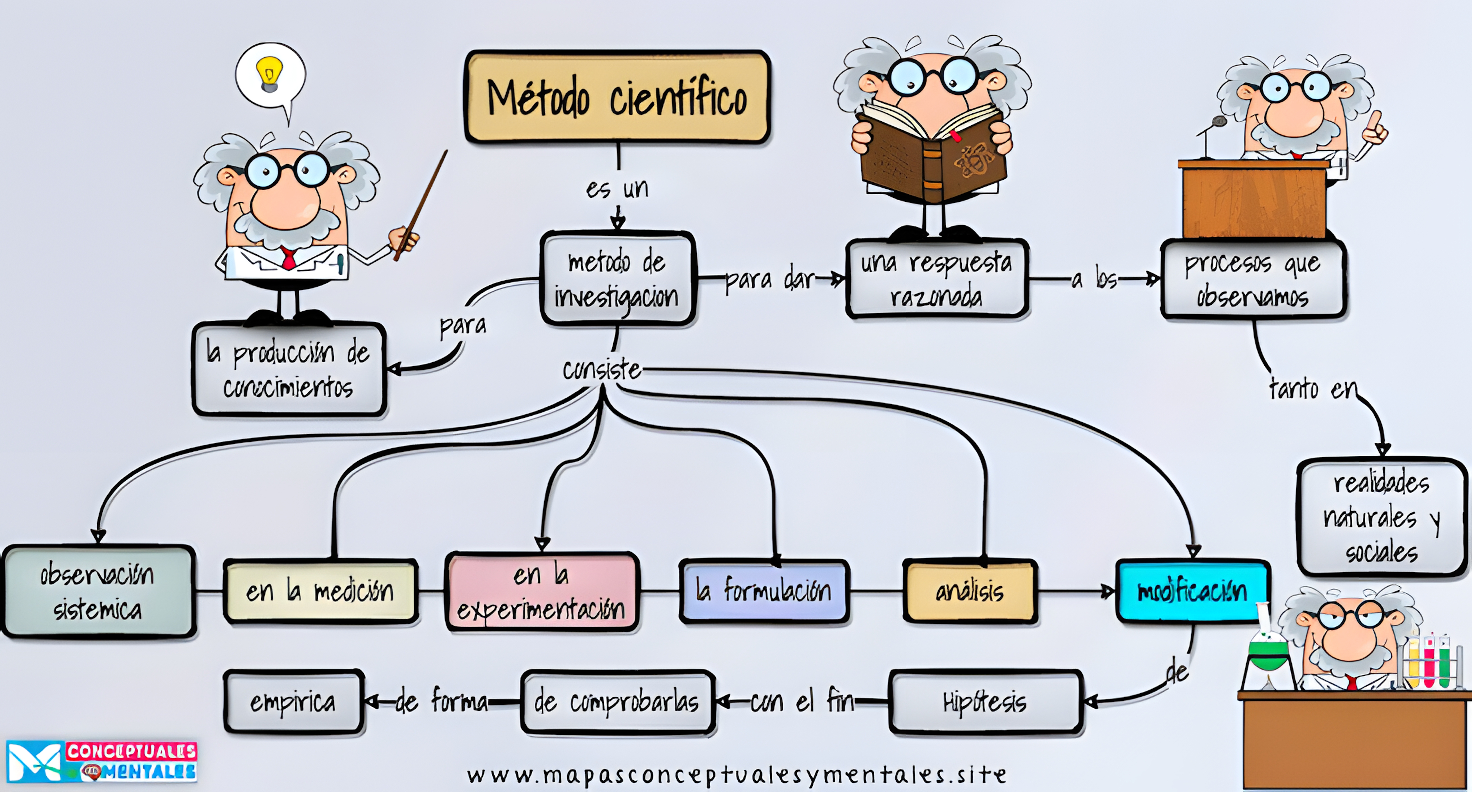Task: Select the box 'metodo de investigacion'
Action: [x=617, y=279]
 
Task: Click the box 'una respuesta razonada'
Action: [x=937, y=279]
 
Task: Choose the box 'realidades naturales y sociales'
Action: [x=1382, y=517]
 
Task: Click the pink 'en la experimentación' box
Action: [x=541, y=592]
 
